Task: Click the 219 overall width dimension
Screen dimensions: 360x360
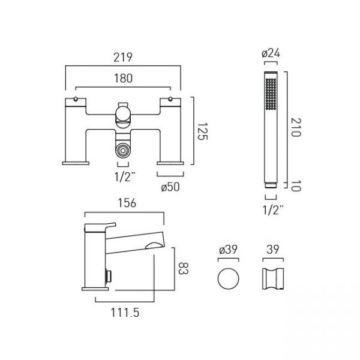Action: point(123,58)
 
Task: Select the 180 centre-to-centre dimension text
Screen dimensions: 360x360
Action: point(123,78)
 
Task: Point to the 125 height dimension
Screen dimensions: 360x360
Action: point(202,131)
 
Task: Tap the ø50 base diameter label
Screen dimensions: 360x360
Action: point(170,187)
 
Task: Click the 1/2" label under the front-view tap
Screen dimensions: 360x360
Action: point(125,177)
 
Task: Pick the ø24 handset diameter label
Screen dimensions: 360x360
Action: point(271,53)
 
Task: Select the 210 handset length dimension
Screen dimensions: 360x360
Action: point(296,127)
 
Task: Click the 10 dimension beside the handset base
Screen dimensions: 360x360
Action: point(296,185)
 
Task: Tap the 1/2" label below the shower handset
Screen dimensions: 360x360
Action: point(273,209)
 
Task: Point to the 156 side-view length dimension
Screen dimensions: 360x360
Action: point(127,203)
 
